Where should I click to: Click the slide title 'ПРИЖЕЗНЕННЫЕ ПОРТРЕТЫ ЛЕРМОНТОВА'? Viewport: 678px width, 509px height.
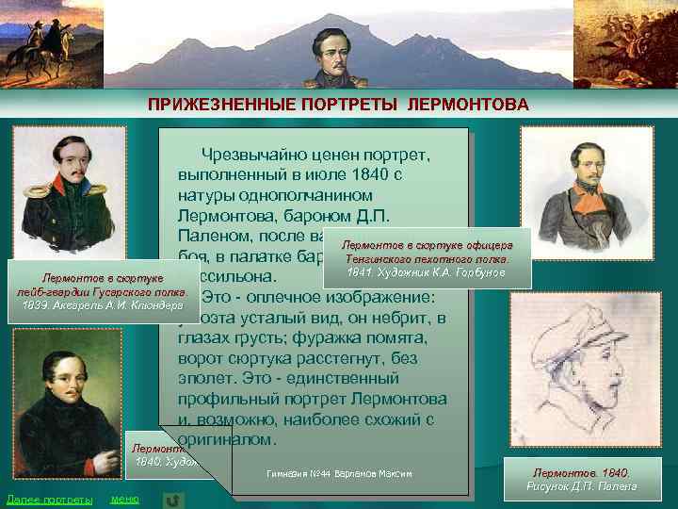[338, 104]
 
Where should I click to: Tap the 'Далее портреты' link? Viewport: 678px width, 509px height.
[49, 498]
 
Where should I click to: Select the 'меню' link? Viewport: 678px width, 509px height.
[124, 498]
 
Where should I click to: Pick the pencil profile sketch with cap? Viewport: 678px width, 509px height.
[586, 373]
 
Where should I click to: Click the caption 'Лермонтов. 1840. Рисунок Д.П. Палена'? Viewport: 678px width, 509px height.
[585, 478]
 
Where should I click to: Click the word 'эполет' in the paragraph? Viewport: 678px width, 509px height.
[209, 378]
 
